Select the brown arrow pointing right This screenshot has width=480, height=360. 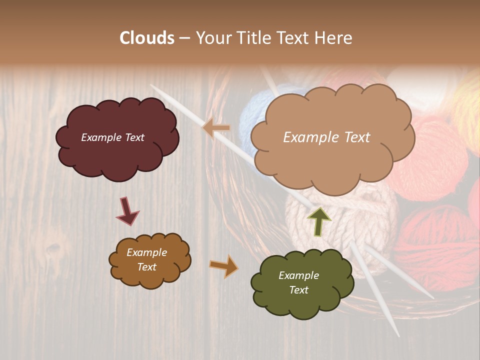tap(223, 265)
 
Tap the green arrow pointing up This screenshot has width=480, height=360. tap(319, 221)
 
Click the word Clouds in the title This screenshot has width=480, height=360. tap(147, 38)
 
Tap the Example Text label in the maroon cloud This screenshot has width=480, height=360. tap(112, 137)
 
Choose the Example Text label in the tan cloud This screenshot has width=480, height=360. tap(326, 137)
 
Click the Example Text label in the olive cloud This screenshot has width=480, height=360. tap(298, 282)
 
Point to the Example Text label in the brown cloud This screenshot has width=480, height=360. tap(146, 259)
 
